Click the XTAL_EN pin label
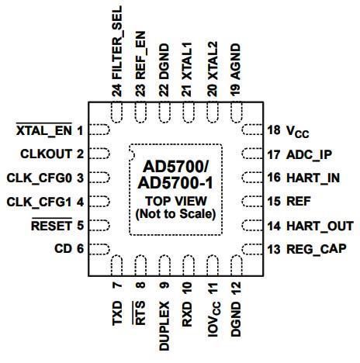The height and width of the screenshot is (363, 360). coord(44,131)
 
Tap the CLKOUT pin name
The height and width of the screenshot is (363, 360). coord(47,154)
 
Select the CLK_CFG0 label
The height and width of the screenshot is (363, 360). coord(39,178)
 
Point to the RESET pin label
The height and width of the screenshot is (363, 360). coord(51,226)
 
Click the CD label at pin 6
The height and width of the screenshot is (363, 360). coord(63,249)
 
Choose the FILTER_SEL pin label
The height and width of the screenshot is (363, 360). coord(117,43)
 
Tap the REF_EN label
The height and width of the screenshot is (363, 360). coord(140,55)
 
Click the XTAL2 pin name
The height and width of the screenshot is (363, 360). coord(213,60)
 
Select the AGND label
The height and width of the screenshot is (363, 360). coord(236,61)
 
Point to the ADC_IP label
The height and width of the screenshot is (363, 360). coord(310,155)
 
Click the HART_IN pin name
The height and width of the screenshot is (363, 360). coord(313,178)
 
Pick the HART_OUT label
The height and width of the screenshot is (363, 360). coord(320,226)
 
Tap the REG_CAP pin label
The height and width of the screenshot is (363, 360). coord(317,249)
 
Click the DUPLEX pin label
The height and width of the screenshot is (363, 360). coord(164,326)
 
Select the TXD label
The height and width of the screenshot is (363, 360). coord(117,313)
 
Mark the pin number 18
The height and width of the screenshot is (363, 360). coord(274,130)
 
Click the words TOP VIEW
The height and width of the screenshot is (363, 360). coord(176,201)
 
